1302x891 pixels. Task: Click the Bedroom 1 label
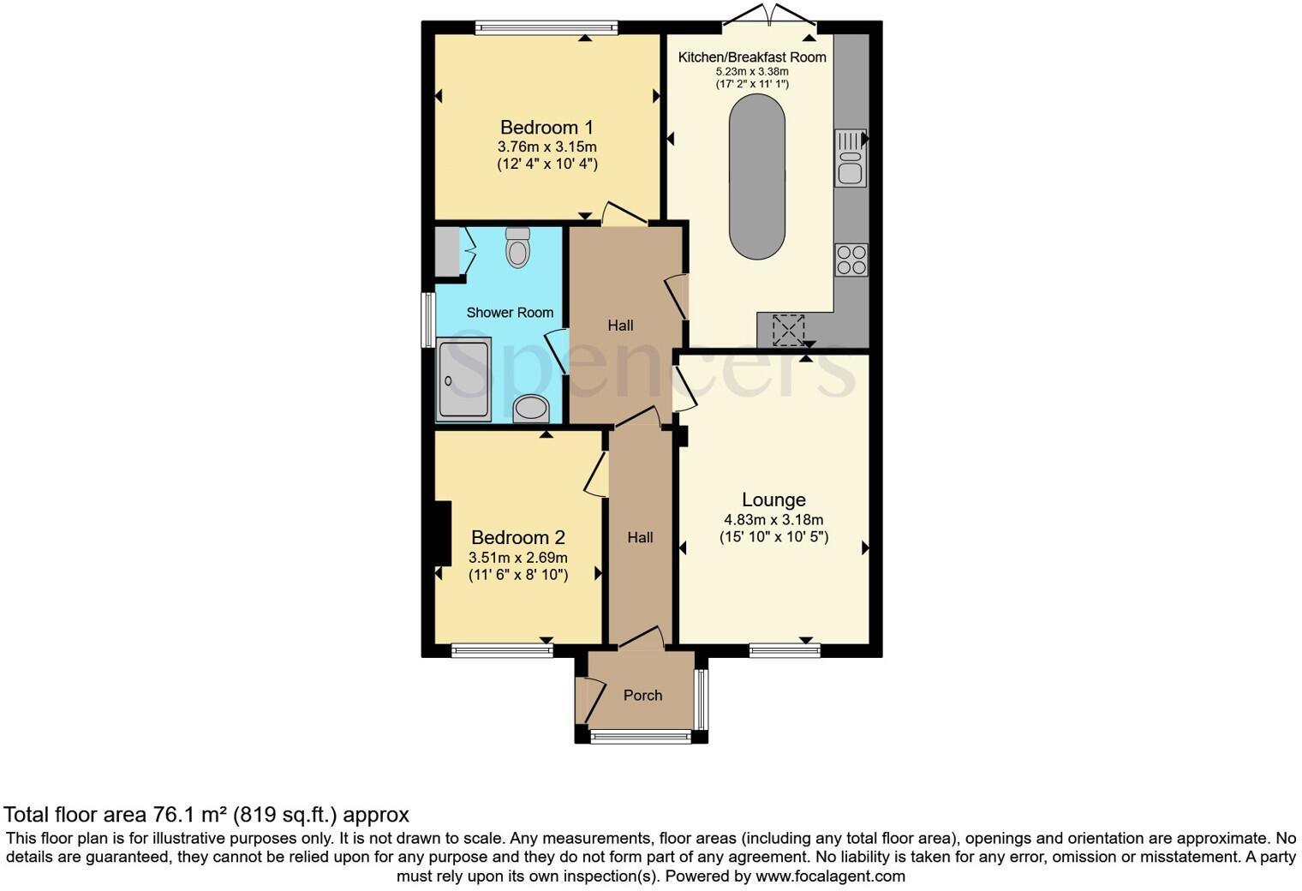point(546,128)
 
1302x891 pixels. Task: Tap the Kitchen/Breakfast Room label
point(752,57)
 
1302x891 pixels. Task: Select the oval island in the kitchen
point(756,176)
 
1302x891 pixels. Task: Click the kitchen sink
point(851,158)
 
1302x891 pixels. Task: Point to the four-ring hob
point(851,260)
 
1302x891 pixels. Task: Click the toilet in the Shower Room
point(517,248)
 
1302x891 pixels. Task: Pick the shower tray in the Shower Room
point(463,380)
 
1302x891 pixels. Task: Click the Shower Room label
point(510,313)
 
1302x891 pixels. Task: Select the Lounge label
point(773,499)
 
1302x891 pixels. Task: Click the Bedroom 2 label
point(518,538)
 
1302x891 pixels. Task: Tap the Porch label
point(642,695)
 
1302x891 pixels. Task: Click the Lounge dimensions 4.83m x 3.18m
point(773,520)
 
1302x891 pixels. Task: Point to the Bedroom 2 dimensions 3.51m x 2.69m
point(518,558)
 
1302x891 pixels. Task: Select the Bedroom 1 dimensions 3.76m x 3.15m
point(546,147)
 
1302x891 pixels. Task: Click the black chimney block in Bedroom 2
point(443,533)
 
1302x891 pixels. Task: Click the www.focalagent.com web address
point(830,876)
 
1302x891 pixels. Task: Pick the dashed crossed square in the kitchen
point(789,330)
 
